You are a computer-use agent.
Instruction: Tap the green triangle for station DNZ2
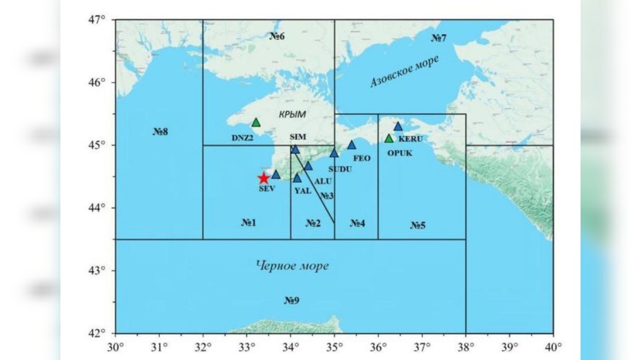[256, 123]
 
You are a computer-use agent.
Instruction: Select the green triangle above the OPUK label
[389, 138]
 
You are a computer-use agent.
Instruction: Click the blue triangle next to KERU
[398, 127]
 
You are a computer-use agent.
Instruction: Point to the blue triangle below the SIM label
[295, 149]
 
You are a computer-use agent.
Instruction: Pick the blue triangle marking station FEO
[351, 145]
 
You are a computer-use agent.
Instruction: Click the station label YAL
[302, 191]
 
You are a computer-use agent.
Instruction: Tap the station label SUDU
[341, 169]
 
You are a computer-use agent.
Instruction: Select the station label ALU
[323, 182]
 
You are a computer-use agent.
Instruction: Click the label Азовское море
[404, 72]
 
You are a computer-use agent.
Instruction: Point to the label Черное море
[292, 265]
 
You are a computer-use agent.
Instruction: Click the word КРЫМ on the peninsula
[292, 114]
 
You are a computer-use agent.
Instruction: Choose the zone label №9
[291, 301]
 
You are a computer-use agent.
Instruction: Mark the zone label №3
[327, 197]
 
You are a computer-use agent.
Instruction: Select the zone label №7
[439, 38]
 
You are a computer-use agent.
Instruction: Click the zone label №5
[418, 225]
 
